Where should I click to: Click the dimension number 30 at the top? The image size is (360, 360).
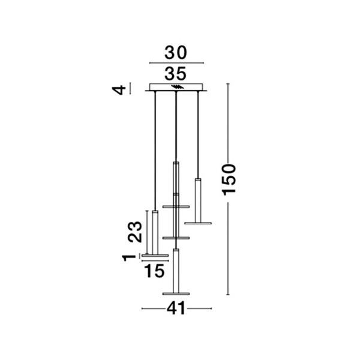pyautogui.click(x=176, y=53)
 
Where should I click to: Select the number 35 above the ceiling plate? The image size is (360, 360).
pyautogui.click(x=176, y=74)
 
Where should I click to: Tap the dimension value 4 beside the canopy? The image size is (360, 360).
pyautogui.click(x=119, y=90)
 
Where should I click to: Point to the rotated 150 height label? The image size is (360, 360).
pyautogui.click(x=229, y=180)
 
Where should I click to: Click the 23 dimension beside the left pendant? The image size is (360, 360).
pyautogui.click(x=135, y=232)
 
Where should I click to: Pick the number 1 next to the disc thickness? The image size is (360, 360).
pyautogui.click(x=129, y=258)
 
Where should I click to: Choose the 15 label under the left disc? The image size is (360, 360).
pyautogui.click(x=154, y=271)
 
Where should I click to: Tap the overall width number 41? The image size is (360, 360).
pyautogui.click(x=176, y=308)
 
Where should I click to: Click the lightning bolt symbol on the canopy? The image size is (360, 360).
pyautogui.click(x=178, y=87)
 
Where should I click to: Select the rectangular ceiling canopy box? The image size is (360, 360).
pyautogui.click(x=176, y=87)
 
